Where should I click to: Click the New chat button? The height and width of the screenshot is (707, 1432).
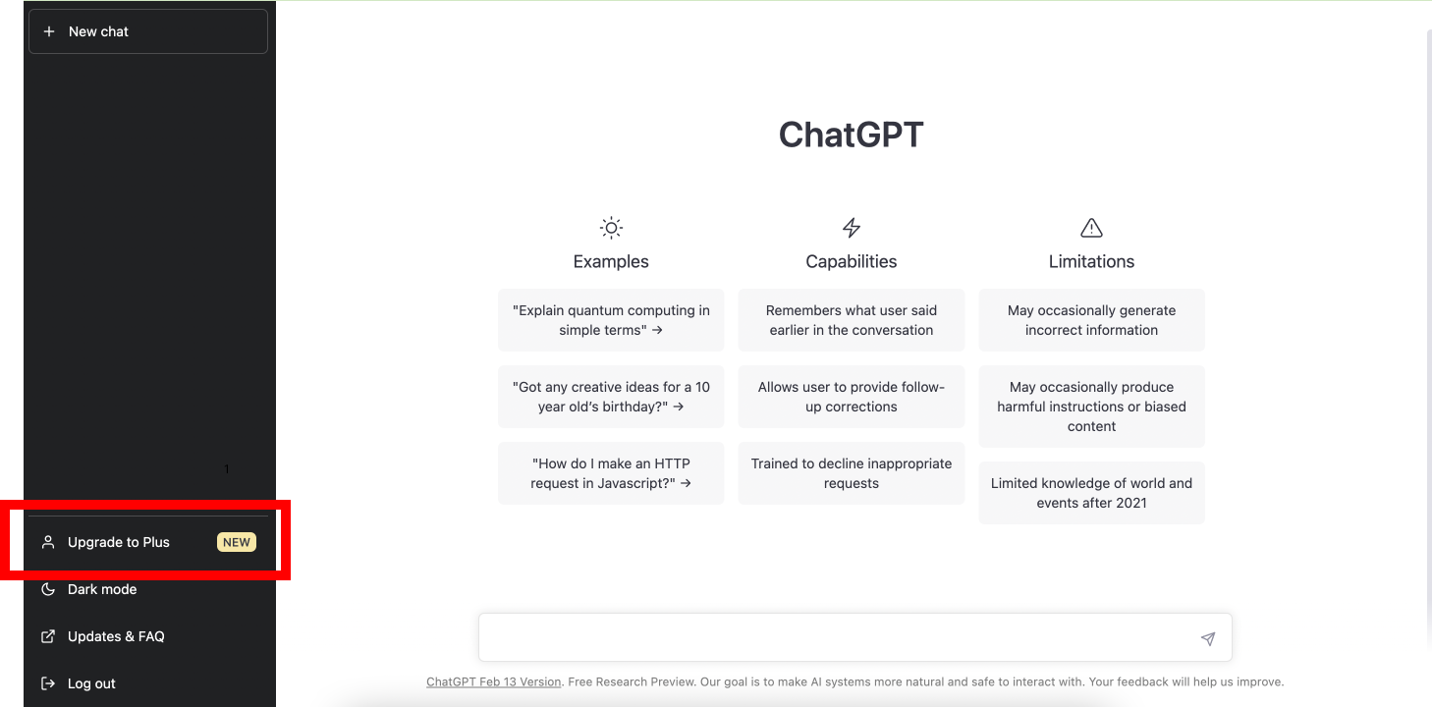coord(148,31)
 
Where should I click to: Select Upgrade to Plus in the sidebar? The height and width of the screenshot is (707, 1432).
coord(118,542)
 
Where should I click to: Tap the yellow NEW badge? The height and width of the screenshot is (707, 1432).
coord(237,542)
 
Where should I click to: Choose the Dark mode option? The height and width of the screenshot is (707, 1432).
coord(102,589)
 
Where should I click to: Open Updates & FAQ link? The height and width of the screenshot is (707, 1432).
coord(116,636)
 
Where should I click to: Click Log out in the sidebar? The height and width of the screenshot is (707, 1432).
coord(91,683)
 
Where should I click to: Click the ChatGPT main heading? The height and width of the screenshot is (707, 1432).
coord(851,135)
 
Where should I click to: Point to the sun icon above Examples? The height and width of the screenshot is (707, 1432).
coord(611,228)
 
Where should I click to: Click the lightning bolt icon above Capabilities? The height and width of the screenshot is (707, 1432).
coord(852,228)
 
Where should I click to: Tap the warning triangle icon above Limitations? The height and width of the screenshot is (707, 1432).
coord(1091,228)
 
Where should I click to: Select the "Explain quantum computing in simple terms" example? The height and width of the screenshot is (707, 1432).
coord(611,320)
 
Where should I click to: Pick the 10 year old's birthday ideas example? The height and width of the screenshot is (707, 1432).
coord(611,397)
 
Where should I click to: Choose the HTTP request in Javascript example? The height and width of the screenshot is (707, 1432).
coord(611,473)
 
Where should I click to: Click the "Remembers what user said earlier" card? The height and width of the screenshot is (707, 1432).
coord(852,320)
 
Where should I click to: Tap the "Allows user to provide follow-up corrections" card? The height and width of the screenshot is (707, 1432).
coord(852,397)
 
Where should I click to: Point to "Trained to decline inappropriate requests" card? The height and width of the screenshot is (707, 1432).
coord(852,473)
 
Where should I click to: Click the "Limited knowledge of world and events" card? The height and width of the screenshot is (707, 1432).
coord(1091,493)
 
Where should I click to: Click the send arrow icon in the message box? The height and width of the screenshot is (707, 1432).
coord(1208,639)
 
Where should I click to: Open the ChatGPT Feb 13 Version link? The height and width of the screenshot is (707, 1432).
coord(494,681)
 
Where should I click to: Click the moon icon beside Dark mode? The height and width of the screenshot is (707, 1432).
coord(47,589)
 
